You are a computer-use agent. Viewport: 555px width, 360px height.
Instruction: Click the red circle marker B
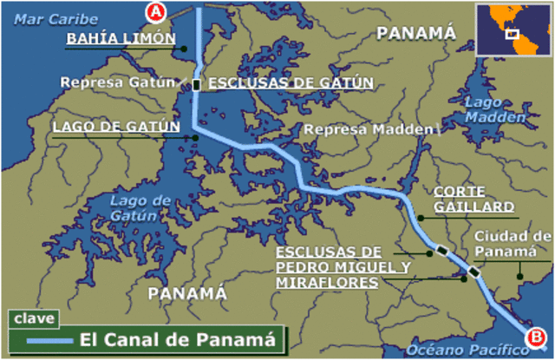pyautogui.click(x=537, y=337)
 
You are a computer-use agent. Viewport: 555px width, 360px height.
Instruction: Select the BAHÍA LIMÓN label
pyautogui.click(x=121, y=40)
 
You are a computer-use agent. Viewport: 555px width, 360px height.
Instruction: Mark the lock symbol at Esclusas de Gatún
pyautogui.click(x=197, y=84)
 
